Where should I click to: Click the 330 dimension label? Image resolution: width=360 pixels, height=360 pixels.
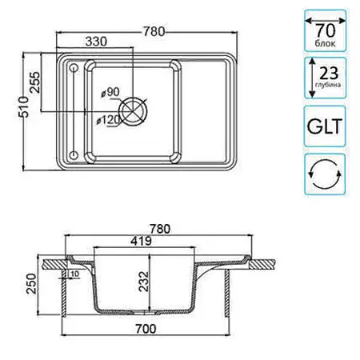(96, 42)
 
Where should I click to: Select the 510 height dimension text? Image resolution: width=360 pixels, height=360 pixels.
(23, 106)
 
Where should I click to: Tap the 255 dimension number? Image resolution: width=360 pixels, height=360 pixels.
(35, 82)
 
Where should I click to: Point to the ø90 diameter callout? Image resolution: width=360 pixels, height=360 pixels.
(110, 92)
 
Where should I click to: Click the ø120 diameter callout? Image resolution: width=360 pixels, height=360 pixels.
(109, 120)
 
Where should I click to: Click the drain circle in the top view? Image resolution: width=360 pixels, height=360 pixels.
(133, 111)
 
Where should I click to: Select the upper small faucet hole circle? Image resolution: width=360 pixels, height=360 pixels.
(74, 68)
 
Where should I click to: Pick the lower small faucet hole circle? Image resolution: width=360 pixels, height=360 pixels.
(74, 154)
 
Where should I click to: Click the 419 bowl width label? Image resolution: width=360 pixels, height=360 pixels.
(141, 241)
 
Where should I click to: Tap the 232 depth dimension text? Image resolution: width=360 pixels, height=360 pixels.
(144, 282)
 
